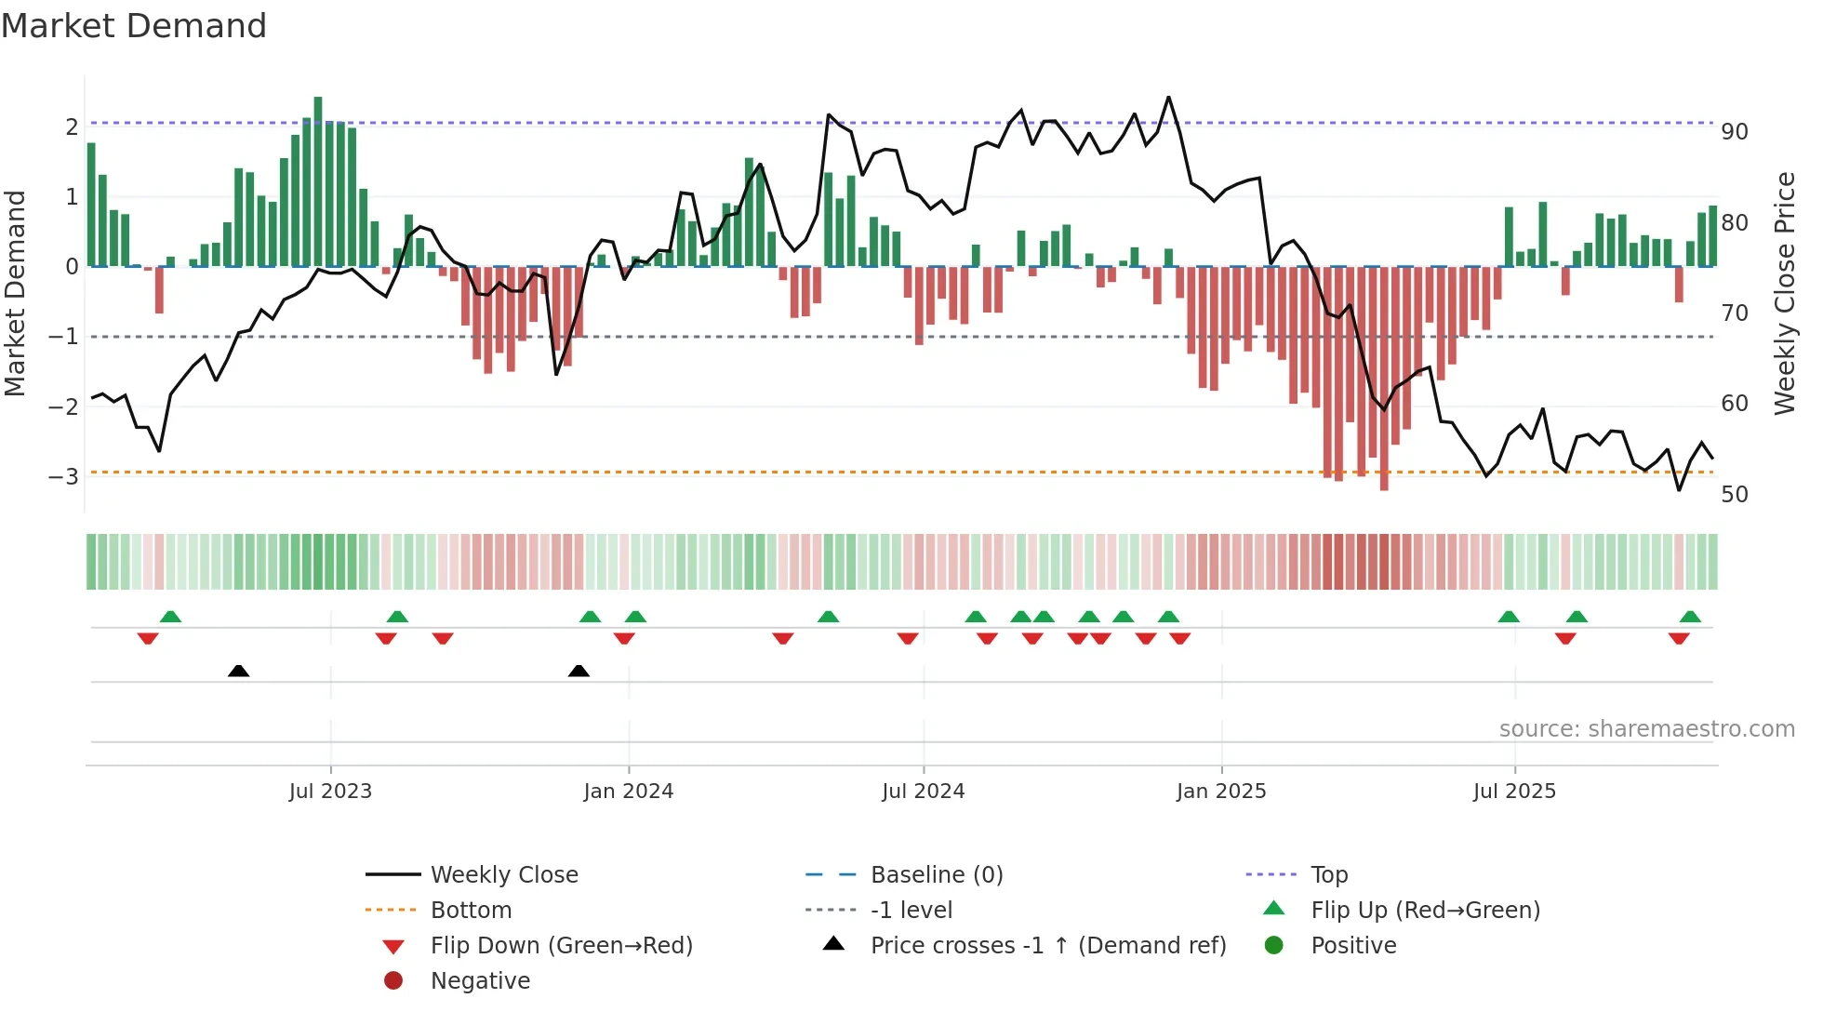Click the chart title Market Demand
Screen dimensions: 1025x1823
click(134, 26)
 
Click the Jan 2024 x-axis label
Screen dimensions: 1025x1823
click(628, 791)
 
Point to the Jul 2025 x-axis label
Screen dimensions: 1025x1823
click(1513, 791)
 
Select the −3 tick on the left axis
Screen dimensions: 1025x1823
click(63, 476)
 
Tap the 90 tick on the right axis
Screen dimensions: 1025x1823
click(1734, 131)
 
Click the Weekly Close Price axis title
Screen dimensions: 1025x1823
click(1784, 293)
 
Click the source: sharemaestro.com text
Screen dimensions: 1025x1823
click(1646, 728)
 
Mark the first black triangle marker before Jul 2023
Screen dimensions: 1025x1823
click(238, 671)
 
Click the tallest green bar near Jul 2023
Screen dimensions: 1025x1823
click(318, 181)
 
